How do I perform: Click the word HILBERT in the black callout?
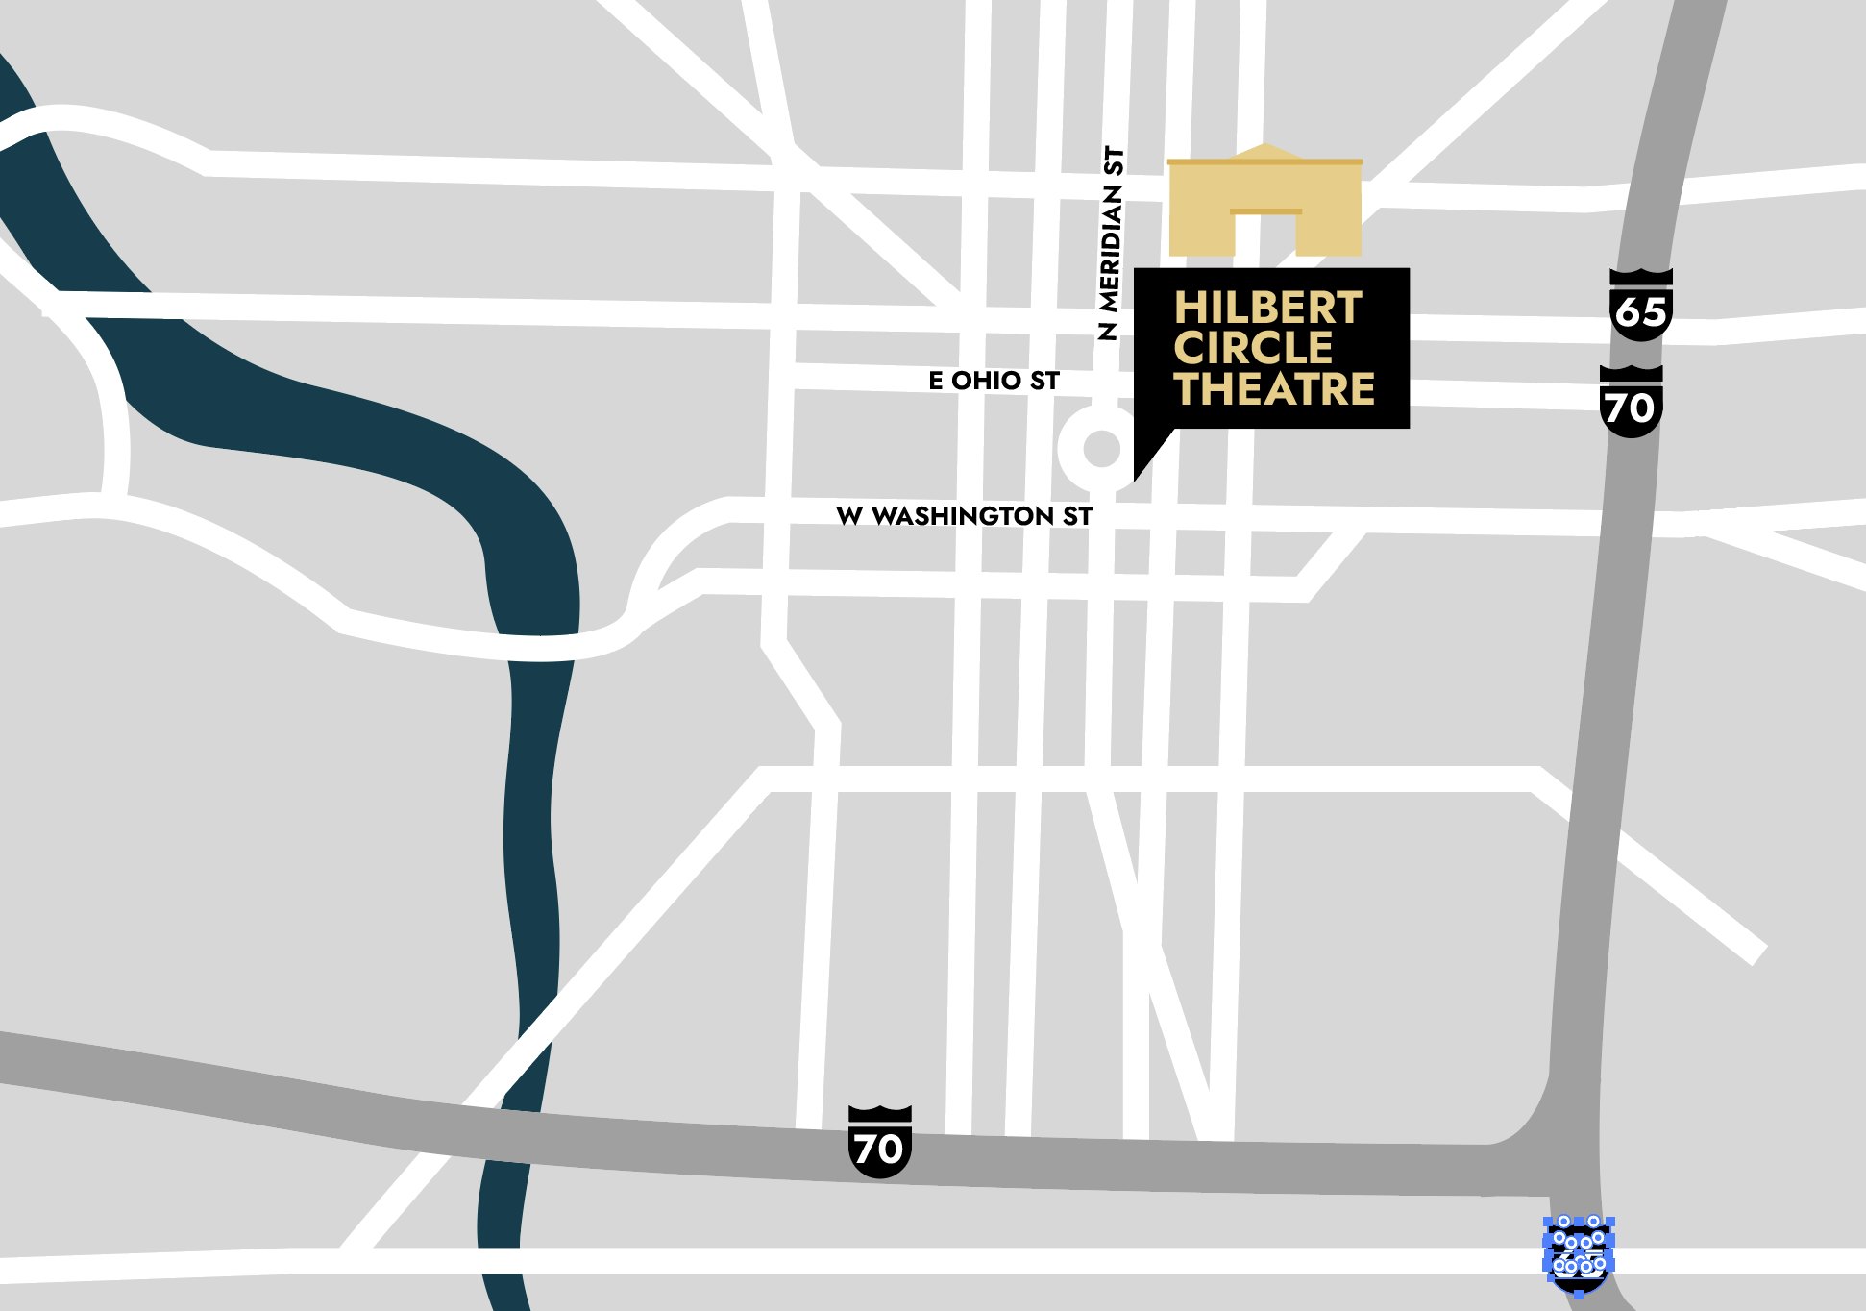1267,309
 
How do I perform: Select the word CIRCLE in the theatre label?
1253,349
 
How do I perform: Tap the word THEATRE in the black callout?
1274,389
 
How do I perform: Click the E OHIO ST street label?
994,381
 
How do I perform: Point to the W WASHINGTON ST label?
964,516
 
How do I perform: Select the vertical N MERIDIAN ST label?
1110,243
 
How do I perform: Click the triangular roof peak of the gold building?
1265,151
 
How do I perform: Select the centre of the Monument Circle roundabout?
1101,448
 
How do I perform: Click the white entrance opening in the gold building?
1264,235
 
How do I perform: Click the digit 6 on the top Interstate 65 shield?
1629,312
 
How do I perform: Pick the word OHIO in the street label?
986,381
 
